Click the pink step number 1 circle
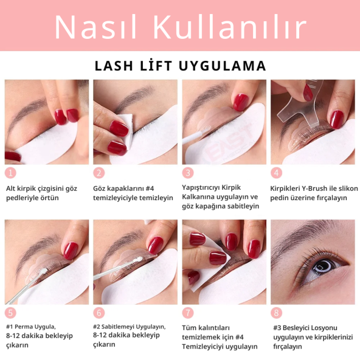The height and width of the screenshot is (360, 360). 10,173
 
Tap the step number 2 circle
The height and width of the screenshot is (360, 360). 99,173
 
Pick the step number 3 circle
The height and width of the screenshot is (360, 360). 188,173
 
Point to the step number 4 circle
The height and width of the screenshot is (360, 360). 276,173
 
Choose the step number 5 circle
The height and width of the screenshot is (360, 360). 10,313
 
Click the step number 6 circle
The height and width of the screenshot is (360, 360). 99,313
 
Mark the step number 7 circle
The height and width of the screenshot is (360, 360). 188,313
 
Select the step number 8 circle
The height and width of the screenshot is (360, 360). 276,313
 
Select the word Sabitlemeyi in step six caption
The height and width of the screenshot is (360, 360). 122,327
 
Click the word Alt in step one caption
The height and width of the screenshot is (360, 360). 12,189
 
